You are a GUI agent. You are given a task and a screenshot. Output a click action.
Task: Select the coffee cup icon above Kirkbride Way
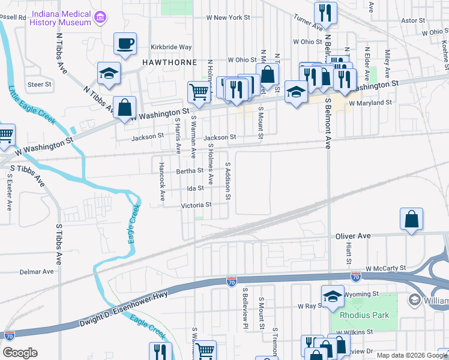(125, 43)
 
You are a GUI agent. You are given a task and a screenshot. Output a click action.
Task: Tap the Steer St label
(40, 85)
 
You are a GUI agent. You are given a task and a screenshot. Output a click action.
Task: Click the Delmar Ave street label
(37, 271)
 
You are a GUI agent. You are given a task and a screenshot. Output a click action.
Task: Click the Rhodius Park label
(364, 315)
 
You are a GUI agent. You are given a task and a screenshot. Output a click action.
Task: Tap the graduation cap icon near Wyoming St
(332, 296)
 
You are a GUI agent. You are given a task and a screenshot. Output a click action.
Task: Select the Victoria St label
(196, 205)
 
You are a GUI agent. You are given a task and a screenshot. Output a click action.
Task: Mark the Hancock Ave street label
(161, 180)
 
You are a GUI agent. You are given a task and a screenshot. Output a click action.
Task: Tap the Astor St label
(413, 20)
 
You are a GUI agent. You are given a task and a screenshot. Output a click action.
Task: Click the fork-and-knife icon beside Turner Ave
(325, 11)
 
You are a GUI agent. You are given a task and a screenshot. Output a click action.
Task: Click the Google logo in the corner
(20, 352)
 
